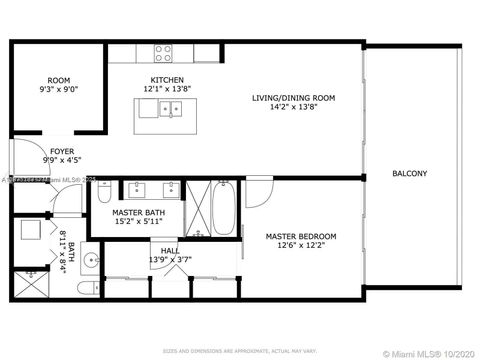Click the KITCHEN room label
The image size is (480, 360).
coord(166,79)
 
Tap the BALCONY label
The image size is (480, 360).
coord(409,173)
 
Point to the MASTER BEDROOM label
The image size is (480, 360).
coord(300,236)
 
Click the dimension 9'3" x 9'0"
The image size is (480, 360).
coord(58,90)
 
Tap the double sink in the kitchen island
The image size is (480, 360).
coord(165,109)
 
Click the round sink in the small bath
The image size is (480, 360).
coord(90,261)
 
